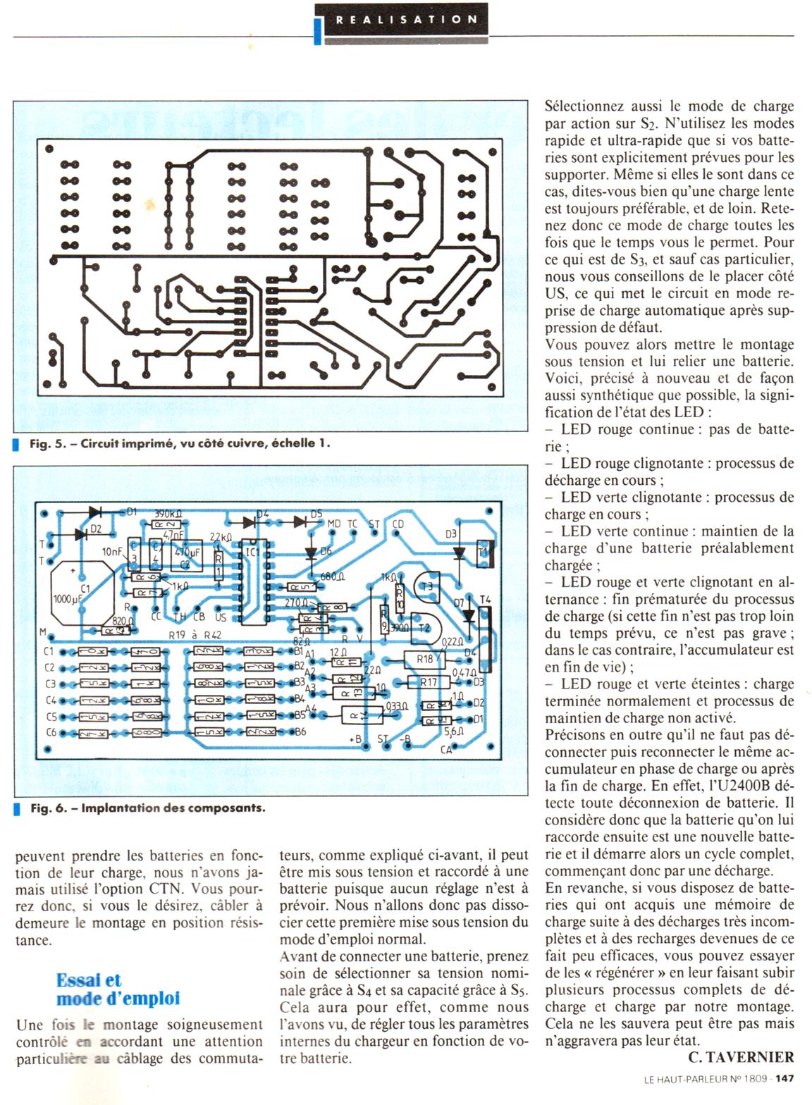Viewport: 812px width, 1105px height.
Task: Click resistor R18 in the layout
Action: pyautogui.click(x=425, y=659)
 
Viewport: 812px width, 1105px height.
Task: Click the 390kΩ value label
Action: pyautogui.click(x=168, y=514)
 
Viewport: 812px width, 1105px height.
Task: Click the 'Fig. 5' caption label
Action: pyautogui.click(x=47, y=444)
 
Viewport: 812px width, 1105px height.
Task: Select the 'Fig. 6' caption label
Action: pyautogui.click(x=47, y=808)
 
